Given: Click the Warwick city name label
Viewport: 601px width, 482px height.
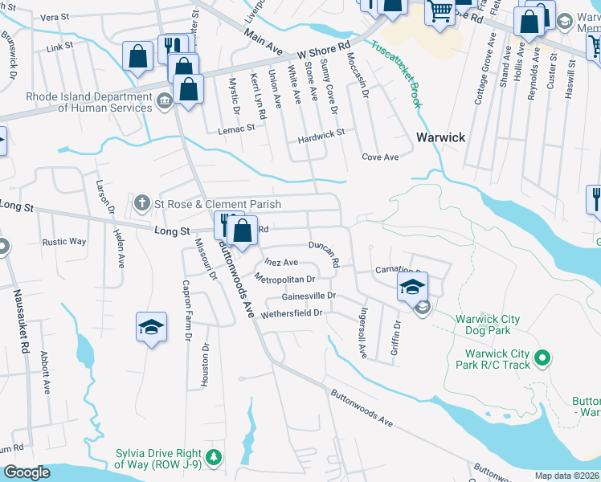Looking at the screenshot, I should coord(440,137).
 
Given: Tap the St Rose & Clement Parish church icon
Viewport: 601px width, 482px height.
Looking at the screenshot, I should coord(141,202).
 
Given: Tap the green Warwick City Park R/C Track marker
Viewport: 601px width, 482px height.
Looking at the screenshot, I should coord(542,357).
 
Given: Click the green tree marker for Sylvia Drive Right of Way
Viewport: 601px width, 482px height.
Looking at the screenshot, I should coord(214,458).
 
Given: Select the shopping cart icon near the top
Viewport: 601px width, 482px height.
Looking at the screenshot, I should coord(440,11).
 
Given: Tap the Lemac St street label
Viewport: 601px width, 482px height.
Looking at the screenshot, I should coord(239,127).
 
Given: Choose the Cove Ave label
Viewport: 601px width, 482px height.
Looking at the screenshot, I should coord(380,157).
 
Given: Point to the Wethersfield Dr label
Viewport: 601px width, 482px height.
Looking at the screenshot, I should coord(291,312).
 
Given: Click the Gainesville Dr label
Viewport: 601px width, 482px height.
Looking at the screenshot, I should coord(308,296).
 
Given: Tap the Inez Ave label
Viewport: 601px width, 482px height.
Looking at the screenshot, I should coord(280,262).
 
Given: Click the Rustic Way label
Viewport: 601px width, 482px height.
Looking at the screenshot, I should coord(64,241).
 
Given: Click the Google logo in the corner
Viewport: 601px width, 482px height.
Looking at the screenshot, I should coord(27,472).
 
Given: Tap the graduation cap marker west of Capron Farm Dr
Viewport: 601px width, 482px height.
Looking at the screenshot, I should coord(151,327).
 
